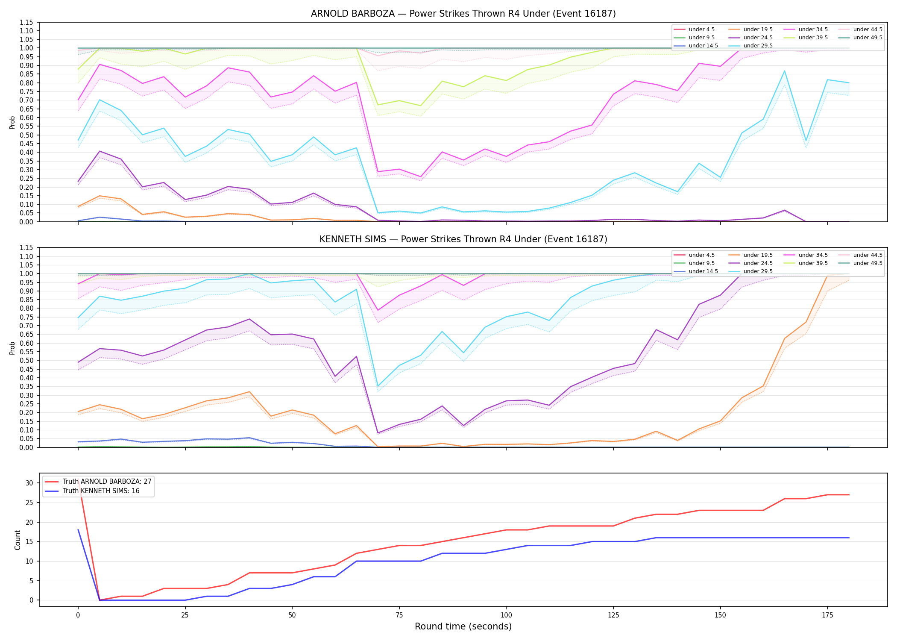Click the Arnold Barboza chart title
pyautogui.click(x=463, y=14)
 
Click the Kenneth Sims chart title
pyautogui.click(x=463, y=239)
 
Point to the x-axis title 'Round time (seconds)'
pyautogui.click(x=463, y=626)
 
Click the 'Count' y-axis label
pyautogui.click(x=18, y=540)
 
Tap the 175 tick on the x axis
pyautogui.click(x=827, y=615)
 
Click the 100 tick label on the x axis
pyautogui.click(x=506, y=615)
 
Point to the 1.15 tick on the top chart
pyautogui.click(x=26, y=22)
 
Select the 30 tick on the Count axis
pyautogui.click(x=29, y=483)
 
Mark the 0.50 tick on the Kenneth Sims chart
pyautogui.click(x=26, y=361)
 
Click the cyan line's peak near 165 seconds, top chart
pyautogui.click(x=784, y=71)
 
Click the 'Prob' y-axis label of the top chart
pyautogui.click(x=12, y=122)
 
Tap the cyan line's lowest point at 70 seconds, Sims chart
pyautogui.click(x=378, y=386)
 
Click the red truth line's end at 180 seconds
pyautogui.click(x=849, y=495)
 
